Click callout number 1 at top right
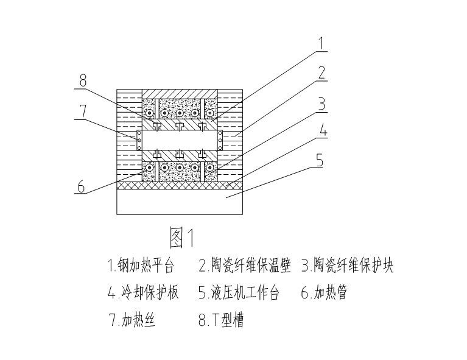[x=322, y=44]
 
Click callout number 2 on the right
[x=322, y=74]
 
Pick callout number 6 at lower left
[x=82, y=186]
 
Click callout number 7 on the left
[x=82, y=111]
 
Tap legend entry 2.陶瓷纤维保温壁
[x=244, y=266]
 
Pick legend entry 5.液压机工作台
[x=239, y=294]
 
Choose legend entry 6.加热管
[x=324, y=294]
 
